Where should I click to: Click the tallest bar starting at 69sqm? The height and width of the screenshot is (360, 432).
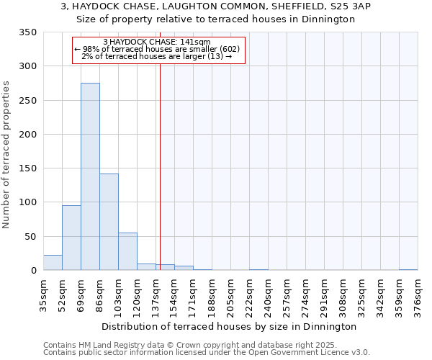pyautogui.click(x=90, y=176)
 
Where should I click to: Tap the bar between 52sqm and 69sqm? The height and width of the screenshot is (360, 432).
pyautogui.click(x=71, y=238)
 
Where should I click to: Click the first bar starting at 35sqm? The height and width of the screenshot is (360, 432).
pyautogui.click(x=53, y=263)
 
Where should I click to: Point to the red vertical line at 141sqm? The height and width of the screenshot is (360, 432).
pyautogui.click(x=160, y=166)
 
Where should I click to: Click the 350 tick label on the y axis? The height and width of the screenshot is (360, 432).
pyautogui.click(x=27, y=32)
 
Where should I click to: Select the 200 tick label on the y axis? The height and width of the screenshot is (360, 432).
pyautogui.click(x=27, y=135)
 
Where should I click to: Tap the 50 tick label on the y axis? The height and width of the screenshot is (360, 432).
pyautogui.click(x=30, y=237)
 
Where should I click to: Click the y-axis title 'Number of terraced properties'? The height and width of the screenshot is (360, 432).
pyautogui.click(x=6, y=154)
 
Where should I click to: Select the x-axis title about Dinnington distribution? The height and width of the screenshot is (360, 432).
pyautogui.click(x=229, y=326)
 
